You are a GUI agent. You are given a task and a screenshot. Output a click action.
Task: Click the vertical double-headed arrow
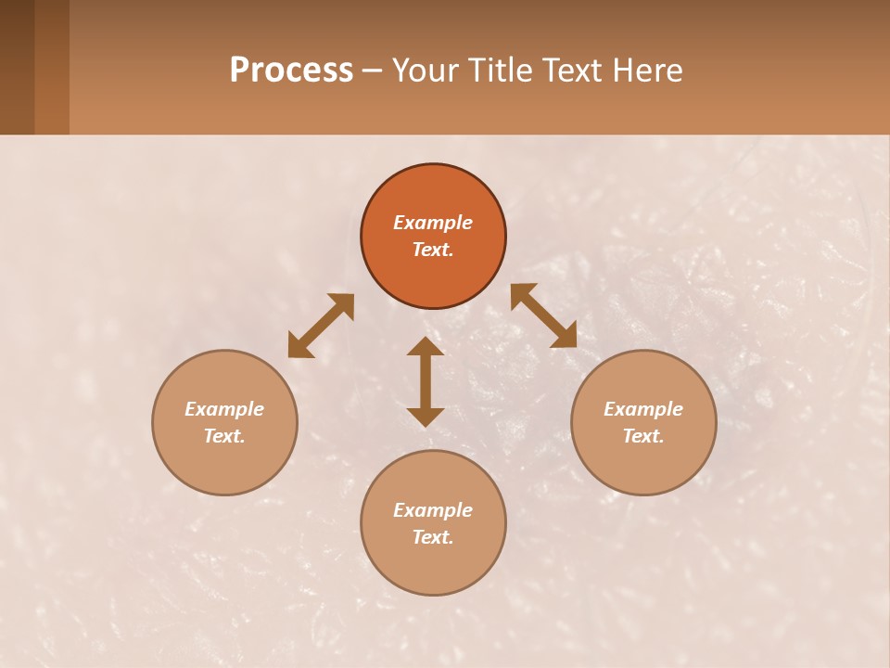(x=426, y=381)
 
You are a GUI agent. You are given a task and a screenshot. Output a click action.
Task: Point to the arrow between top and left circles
(x=321, y=326)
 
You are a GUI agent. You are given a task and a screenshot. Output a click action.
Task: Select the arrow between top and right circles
(x=543, y=315)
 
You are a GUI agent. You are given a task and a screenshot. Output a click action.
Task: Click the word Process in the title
(x=291, y=71)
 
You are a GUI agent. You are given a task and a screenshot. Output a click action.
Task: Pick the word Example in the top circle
(x=433, y=223)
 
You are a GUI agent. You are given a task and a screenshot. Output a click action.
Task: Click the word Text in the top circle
(x=433, y=250)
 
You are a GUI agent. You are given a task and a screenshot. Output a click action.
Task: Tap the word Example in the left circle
(x=224, y=409)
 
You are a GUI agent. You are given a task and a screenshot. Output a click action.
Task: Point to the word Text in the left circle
(x=224, y=436)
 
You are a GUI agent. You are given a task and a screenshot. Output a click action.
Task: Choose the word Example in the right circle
(x=643, y=409)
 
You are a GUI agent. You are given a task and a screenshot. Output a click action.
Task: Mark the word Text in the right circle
(x=643, y=436)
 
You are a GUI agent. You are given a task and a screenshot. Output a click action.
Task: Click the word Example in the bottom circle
(x=433, y=510)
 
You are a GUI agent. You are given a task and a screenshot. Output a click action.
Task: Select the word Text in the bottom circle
(x=433, y=537)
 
